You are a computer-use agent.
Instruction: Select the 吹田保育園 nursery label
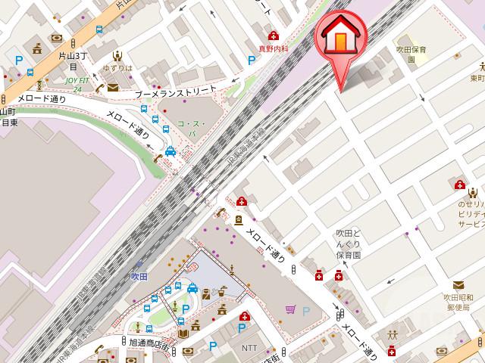[411, 54]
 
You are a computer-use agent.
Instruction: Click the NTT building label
[249, 348]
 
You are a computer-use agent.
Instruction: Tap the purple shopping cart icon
[291, 309]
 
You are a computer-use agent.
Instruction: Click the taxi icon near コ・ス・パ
[171, 150]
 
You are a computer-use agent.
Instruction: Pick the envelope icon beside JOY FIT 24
[113, 88]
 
